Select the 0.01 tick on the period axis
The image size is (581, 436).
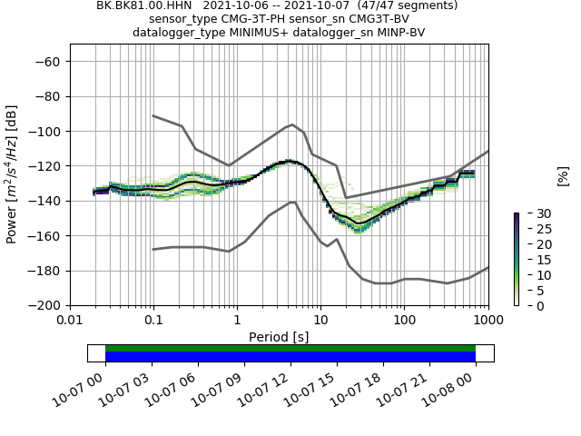(x=70, y=320)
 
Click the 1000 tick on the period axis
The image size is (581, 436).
(x=488, y=320)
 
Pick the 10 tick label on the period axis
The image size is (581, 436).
(x=320, y=320)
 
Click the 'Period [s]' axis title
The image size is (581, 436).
(x=279, y=337)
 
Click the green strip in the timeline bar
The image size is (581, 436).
(x=290, y=348)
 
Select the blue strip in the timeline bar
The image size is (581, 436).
(x=290, y=357)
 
